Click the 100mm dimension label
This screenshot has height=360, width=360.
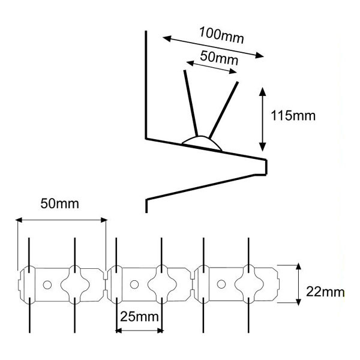tap(221, 35)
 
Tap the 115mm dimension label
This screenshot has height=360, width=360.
tap(293, 115)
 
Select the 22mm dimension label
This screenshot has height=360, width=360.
tap(325, 292)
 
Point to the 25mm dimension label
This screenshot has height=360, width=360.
tap(139, 317)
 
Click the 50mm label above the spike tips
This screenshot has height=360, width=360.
tap(219, 58)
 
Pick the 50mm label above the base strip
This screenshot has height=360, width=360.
tap(59, 203)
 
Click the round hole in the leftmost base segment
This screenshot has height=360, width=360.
tap(47, 285)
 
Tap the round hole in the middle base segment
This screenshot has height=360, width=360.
tap(134, 284)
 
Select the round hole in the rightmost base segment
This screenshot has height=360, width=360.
tap(221, 284)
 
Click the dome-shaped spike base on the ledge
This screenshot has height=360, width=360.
tap(202, 142)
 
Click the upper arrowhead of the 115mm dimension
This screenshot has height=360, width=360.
tap(262, 92)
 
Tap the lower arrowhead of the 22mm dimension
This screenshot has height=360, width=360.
tap(298, 302)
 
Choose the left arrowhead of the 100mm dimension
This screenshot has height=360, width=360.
tap(167, 38)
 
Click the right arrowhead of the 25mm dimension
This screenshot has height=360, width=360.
tap(160, 331)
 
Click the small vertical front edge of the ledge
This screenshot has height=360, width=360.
tap(266, 167)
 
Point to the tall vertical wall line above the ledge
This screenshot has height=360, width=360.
tap(146, 85)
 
